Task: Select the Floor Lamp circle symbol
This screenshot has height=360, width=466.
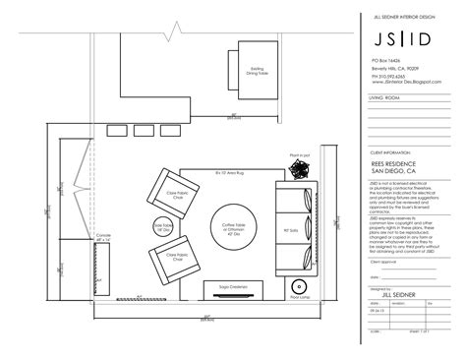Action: pyautogui.click(x=299, y=286)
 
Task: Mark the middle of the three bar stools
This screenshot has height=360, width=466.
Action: pyautogui.click(x=146, y=132)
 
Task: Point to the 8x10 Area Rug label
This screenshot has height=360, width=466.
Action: pyautogui.click(x=228, y=172)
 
